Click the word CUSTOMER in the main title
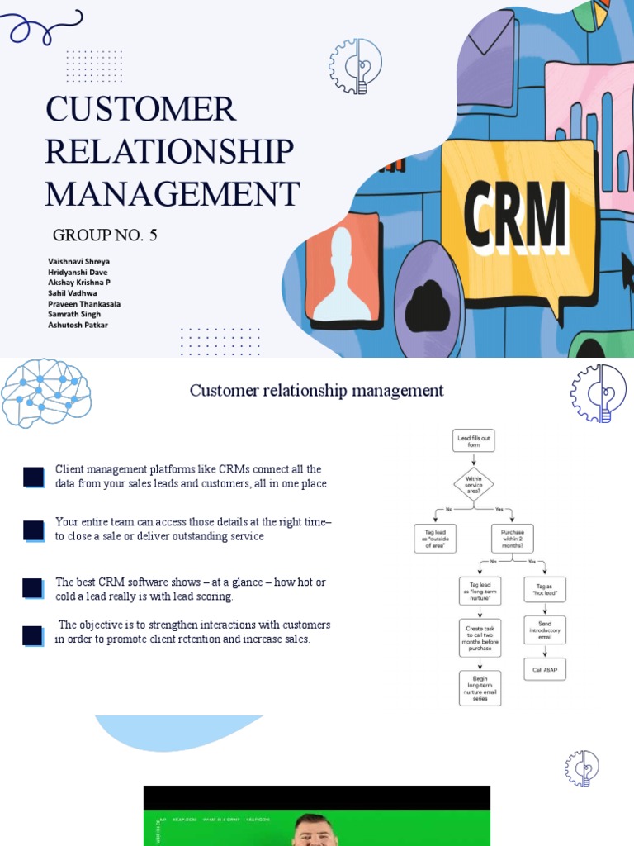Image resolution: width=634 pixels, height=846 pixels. click(x=140, y=110)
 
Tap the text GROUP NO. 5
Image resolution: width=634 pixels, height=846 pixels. click(x=105, y=235)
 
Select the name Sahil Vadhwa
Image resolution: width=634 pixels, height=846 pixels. click(x=72, y=293)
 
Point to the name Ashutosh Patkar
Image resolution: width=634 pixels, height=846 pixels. click(x=78, y=325)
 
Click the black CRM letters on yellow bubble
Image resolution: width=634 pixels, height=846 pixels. click(x=516, y=216)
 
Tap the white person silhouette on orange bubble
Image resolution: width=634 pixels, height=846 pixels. click(x=342, y=274)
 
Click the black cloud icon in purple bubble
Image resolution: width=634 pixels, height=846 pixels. click(x=427, y=307)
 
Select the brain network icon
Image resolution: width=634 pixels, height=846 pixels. click(x=45, y=393)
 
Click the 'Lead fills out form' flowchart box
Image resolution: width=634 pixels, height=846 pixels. click(x=474, y=440)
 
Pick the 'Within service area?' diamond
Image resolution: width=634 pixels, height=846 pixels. click(x=474, y=484)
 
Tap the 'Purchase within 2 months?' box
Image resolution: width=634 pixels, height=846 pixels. click(x=512, y=538)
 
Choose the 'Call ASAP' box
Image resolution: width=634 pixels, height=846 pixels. click(x=545, y=668)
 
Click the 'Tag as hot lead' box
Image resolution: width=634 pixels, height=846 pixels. click(x=545, y=589)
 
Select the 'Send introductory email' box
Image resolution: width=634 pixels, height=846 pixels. click(x=545, y=630)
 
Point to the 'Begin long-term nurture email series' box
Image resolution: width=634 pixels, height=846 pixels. click(x=480, y=687)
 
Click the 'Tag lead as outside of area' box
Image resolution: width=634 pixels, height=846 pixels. click(x=434, y=538)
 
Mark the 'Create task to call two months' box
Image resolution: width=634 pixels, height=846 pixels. click(x=480, y=637)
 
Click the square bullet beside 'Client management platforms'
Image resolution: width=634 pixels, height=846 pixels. click(x=33, y=477)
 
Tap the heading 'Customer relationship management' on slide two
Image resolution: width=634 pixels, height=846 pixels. click(x=316, y=390)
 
